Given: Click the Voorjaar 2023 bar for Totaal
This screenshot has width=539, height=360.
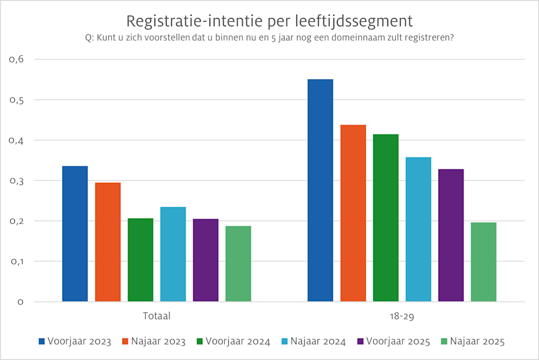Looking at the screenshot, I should (75, 234).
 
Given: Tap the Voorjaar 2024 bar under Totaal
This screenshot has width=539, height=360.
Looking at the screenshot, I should (140, 260).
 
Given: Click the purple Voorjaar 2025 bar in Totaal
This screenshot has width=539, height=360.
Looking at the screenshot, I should (205, 260).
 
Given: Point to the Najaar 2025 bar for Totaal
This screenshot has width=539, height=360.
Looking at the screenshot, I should (238, 264).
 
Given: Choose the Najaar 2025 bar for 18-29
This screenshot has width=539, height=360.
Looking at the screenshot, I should (483, 262).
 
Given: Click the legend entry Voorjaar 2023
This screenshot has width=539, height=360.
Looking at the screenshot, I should (75, 342).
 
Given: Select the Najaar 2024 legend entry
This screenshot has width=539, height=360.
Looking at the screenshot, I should (317, 342).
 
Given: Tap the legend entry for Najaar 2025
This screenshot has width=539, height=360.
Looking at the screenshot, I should (473, 342).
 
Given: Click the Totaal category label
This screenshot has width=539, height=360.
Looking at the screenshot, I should (156, 315).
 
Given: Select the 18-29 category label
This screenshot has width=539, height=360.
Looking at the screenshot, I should (402, 315).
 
